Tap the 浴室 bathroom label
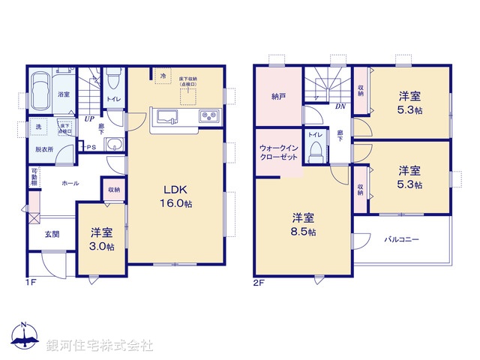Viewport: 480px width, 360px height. point(63,94)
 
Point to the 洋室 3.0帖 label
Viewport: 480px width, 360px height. point(102,239)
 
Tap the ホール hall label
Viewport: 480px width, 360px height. point(70,182)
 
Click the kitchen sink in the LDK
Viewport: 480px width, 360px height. point(165,117)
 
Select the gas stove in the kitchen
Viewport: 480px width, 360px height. point(208,117)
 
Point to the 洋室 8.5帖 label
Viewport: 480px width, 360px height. point(303,225)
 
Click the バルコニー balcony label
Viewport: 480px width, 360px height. point(402,240)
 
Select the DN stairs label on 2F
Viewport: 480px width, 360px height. point(340,106)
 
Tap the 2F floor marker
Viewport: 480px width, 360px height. point(258,283)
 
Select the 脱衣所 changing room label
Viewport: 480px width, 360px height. point(45,149)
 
